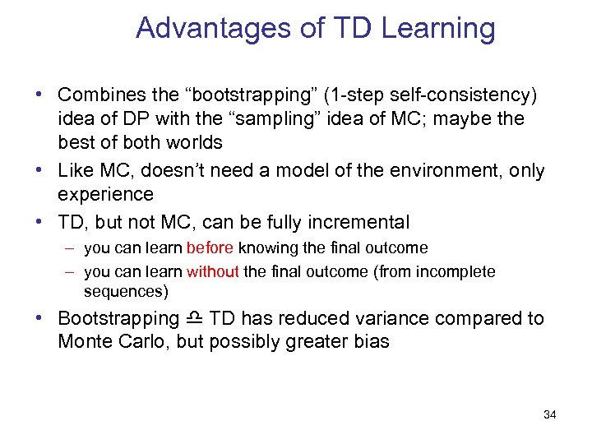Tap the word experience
(x=105, y=194)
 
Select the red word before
(x=210, y=247)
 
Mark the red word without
(x=212, y=271)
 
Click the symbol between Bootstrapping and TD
(x=194, y=318)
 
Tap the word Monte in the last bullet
(x=83, y=341)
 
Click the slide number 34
(x=549, y=414)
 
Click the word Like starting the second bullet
(x=75, y=171)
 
